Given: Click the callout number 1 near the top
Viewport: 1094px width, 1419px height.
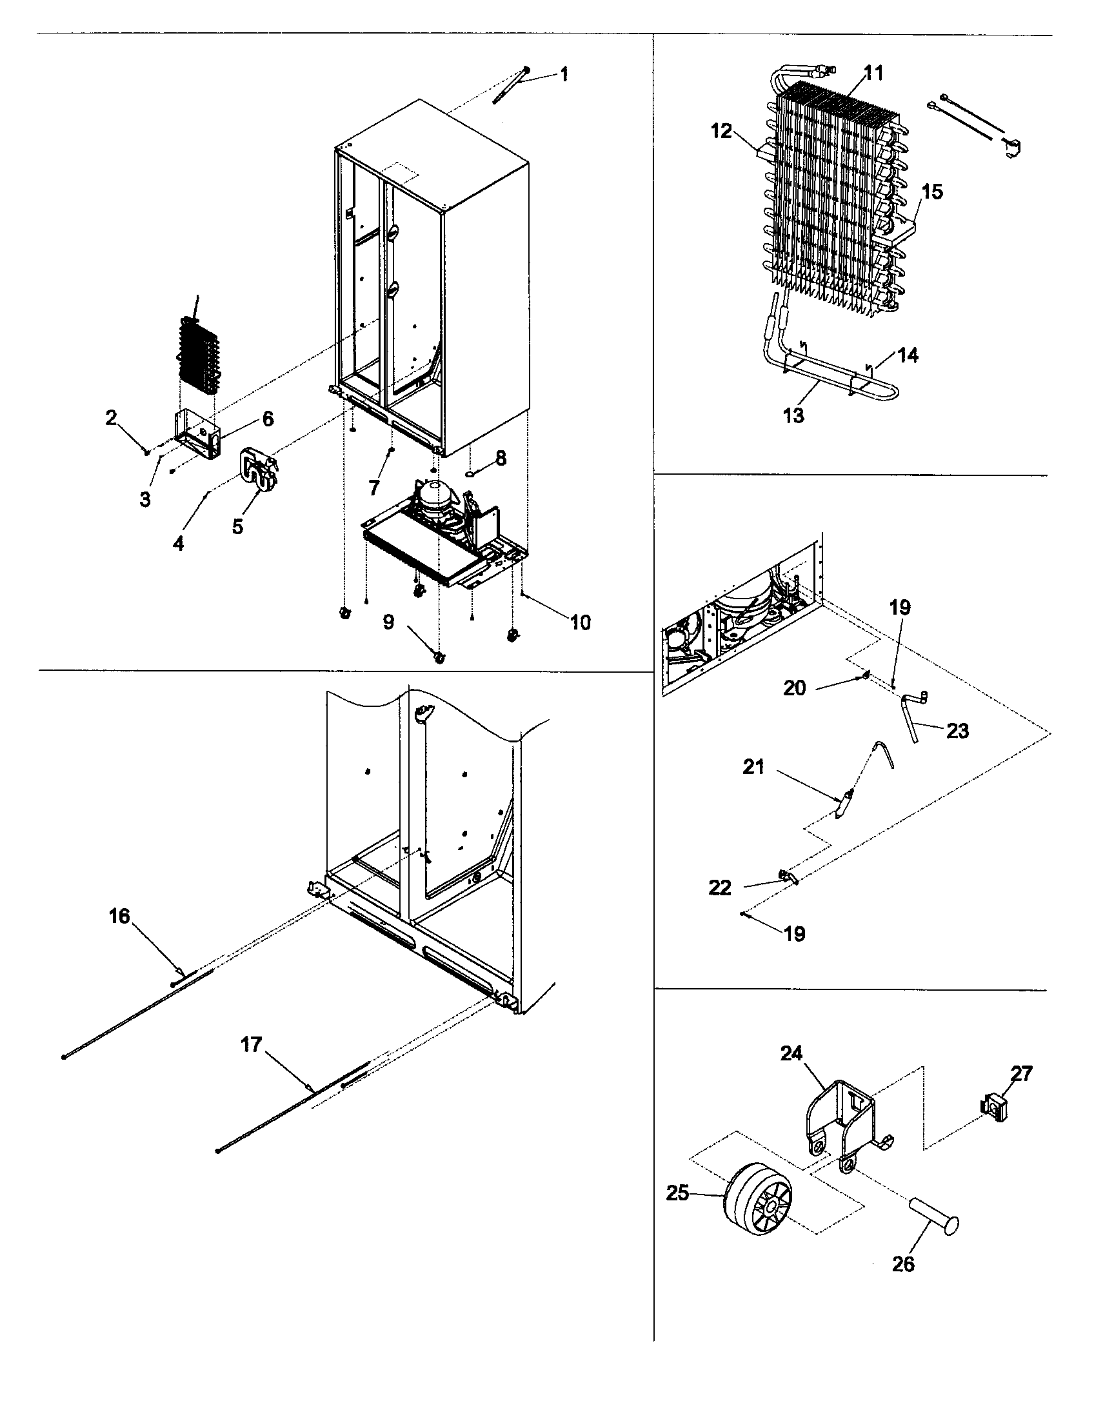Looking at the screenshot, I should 564,75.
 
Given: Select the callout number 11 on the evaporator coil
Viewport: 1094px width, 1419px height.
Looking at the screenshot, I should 874,74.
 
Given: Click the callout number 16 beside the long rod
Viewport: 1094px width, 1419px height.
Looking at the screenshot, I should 119,916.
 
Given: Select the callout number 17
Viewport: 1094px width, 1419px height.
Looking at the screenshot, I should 252,1045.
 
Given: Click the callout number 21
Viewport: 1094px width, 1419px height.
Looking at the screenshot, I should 753,768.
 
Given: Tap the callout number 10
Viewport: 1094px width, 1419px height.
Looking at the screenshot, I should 580,622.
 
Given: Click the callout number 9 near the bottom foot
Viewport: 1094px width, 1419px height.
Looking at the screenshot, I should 388,622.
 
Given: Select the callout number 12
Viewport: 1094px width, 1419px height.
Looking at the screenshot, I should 721,131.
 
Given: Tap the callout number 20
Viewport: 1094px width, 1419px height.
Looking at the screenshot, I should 794,688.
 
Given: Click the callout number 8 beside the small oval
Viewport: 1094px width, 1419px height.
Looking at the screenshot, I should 500,459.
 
